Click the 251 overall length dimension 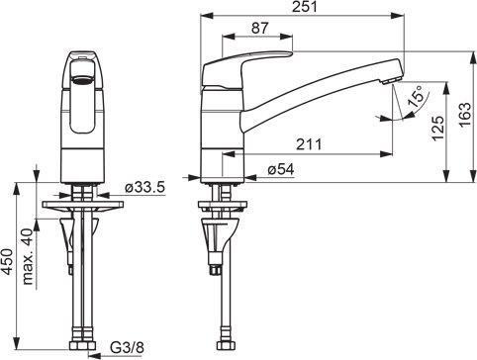point(304,7)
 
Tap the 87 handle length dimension point(260,28)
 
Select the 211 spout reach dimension point(309,144)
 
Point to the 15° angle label point(416,96)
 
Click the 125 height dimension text point(438,128)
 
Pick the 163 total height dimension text point(465,115)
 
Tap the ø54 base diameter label point(281,169)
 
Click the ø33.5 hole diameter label point(144,188)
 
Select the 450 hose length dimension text point(7,261)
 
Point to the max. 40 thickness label point(28,256)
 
